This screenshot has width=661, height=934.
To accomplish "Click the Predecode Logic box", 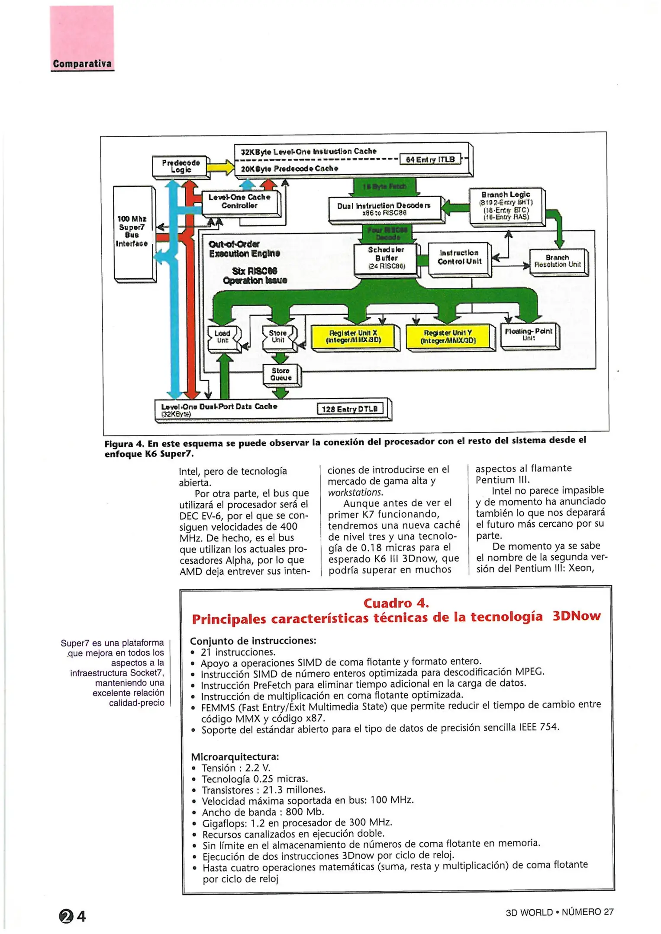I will [x=181, y=166].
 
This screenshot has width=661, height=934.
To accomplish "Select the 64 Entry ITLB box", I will [x=430, y=160].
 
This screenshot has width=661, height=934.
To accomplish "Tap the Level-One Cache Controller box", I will [x=239, y=202].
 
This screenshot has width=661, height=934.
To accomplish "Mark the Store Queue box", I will [x=281, y=374].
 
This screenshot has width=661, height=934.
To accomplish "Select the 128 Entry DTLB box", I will [x=350, y=409].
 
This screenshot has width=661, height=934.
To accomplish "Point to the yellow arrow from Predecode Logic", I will [x=221, y=167].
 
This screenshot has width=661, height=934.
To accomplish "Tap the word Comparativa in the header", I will [x=82, y=64].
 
